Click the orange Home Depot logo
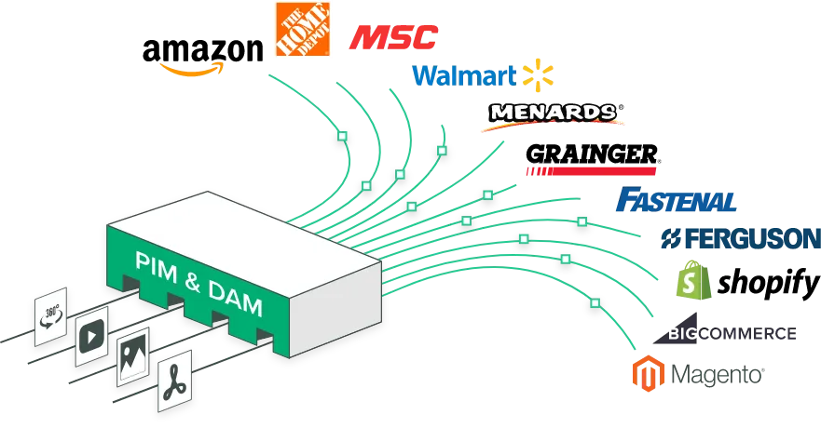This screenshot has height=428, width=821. pos(301,30)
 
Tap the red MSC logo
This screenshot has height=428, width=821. pos(391,38)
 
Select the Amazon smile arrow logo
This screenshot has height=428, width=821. pos(190,68)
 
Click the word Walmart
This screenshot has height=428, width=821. pos(463,75)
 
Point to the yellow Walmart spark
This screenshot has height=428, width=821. pos(537,74)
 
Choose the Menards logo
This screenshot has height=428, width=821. pos(554,114)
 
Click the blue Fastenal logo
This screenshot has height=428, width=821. pos(677,199)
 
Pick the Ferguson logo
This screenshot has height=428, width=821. pos(738,237)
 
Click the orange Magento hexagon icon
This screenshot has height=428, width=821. pos(644,372)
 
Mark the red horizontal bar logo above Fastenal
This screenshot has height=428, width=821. pos(591,171)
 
